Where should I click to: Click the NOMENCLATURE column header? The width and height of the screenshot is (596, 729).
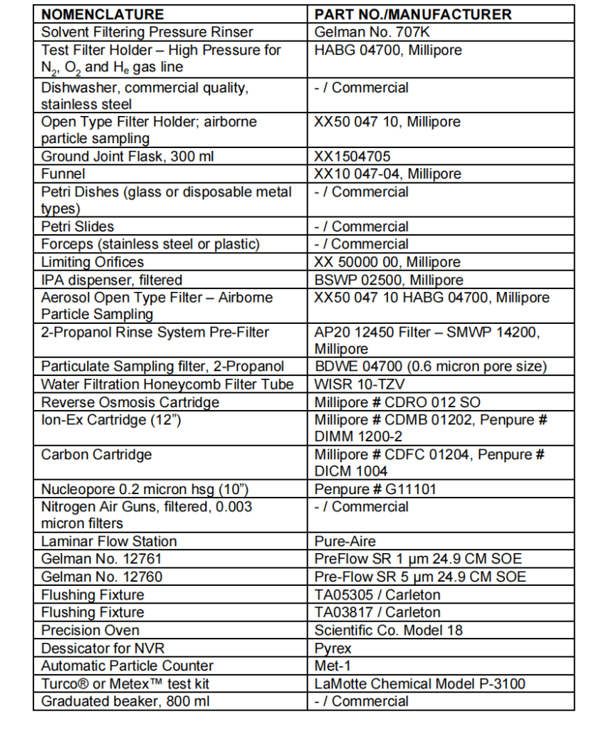[102, 14]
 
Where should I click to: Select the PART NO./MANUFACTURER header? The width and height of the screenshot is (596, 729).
[413, 14]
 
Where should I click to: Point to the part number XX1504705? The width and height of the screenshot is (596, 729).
[352, 157]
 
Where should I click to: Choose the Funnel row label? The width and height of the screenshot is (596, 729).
[63, 174]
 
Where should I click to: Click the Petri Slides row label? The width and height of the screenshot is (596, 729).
[78, 226]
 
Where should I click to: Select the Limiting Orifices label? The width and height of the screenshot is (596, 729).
[93, 261]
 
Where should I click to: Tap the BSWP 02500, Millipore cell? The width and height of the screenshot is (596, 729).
[389, 279]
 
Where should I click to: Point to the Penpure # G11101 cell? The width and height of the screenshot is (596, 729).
[375, 489]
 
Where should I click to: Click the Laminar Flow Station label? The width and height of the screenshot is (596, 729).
[109, 541]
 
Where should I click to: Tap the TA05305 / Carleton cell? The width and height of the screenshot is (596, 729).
[377, 594]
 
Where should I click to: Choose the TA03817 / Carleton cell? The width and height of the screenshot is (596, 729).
[377, 612]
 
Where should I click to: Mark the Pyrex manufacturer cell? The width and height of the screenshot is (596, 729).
[333, 648]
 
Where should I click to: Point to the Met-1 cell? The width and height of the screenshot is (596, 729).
[331, 666]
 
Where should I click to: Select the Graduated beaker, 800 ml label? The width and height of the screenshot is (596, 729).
[125, 701]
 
